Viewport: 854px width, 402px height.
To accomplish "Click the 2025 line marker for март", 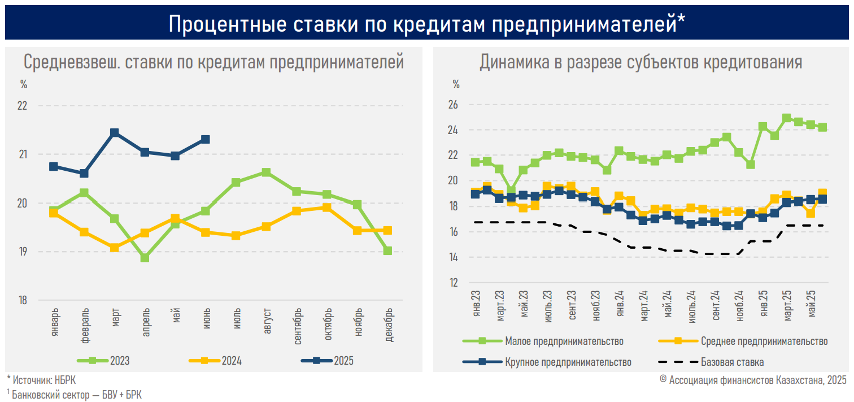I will [114, 133].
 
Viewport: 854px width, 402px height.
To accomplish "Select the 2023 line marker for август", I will [266, 172].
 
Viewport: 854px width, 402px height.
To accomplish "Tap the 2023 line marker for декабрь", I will [387, 250].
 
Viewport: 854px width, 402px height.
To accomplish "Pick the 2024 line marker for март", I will [114, 248].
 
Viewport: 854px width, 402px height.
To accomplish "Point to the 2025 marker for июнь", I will [206, 139].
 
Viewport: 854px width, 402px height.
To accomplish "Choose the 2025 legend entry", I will [327, 361].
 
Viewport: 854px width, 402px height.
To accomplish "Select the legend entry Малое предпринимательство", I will [543, 341].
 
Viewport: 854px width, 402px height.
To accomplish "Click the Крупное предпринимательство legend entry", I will [546, 362].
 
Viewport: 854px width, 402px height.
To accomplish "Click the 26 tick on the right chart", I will [453, 105].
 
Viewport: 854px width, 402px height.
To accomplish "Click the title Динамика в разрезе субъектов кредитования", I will [640, 62].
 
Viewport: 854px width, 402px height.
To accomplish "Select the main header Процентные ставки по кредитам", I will [427, 24].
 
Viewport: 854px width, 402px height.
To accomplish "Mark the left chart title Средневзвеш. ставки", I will [213, 62].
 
